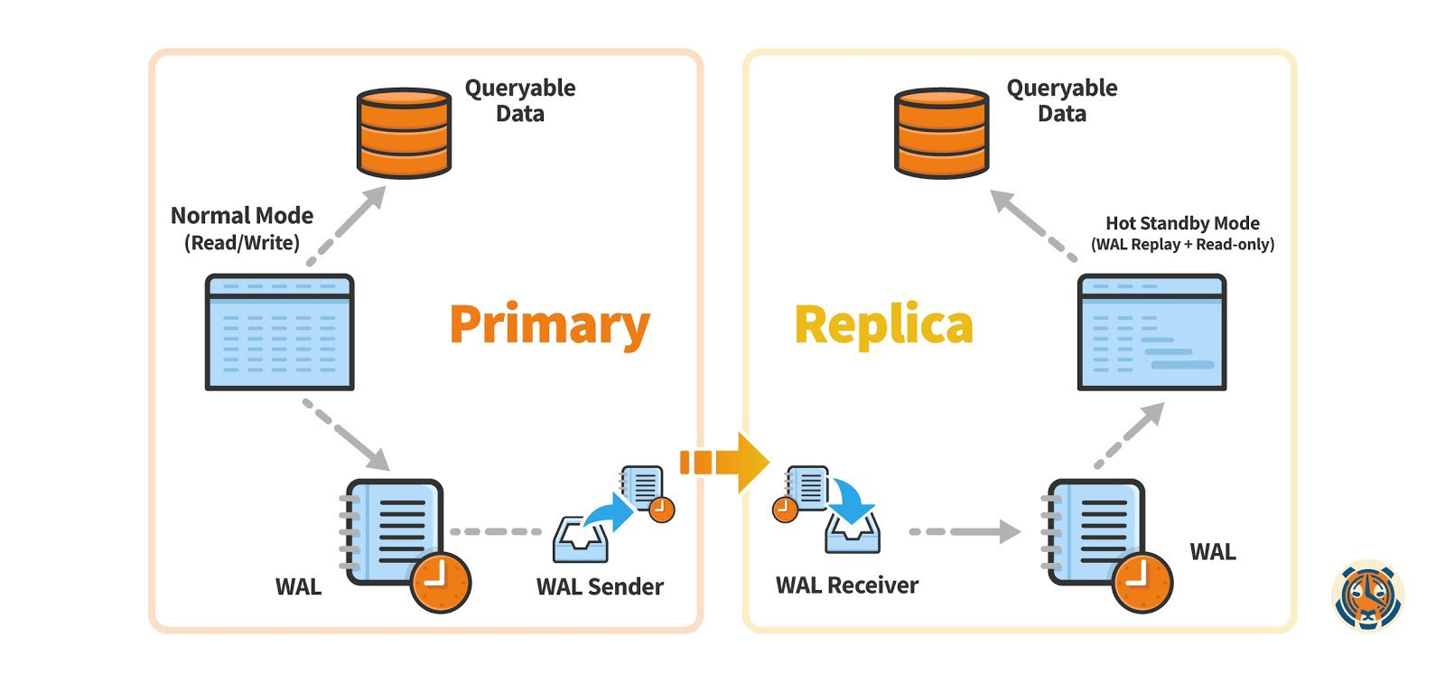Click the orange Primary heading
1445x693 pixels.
(549, 325)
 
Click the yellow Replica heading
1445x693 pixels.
(883, 325)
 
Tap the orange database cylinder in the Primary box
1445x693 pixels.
(404, 133)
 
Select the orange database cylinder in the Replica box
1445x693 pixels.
(941, 133)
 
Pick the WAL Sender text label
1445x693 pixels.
(600, 586)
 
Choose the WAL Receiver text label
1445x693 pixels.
(846, 585)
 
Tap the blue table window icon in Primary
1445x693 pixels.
(279, 332)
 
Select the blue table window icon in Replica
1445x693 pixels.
(1151, 332)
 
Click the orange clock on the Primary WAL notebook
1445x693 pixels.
(441, 582)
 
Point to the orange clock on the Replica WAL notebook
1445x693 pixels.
(1142, 582)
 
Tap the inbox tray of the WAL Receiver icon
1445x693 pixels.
(852, 532)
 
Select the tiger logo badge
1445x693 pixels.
(1367, 595)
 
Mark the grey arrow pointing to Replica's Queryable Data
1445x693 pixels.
(1032, 225)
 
